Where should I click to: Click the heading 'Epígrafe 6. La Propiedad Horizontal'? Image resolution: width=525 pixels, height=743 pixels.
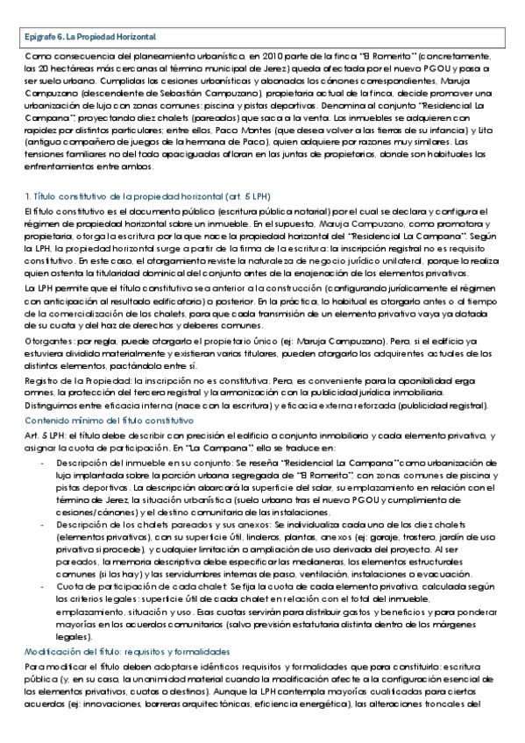pyautogui.click(x=89, y=36)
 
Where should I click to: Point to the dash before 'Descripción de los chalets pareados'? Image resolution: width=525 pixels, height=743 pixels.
pyautogui.click(x=44, y=522)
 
